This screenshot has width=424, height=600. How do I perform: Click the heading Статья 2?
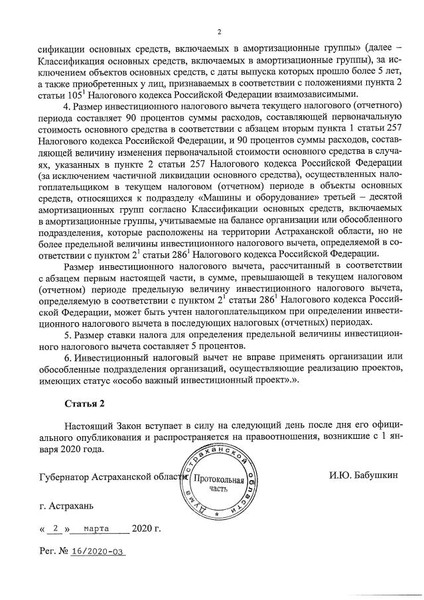[x=84, y=403]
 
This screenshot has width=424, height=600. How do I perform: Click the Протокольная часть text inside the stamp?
[x=218, y=483]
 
